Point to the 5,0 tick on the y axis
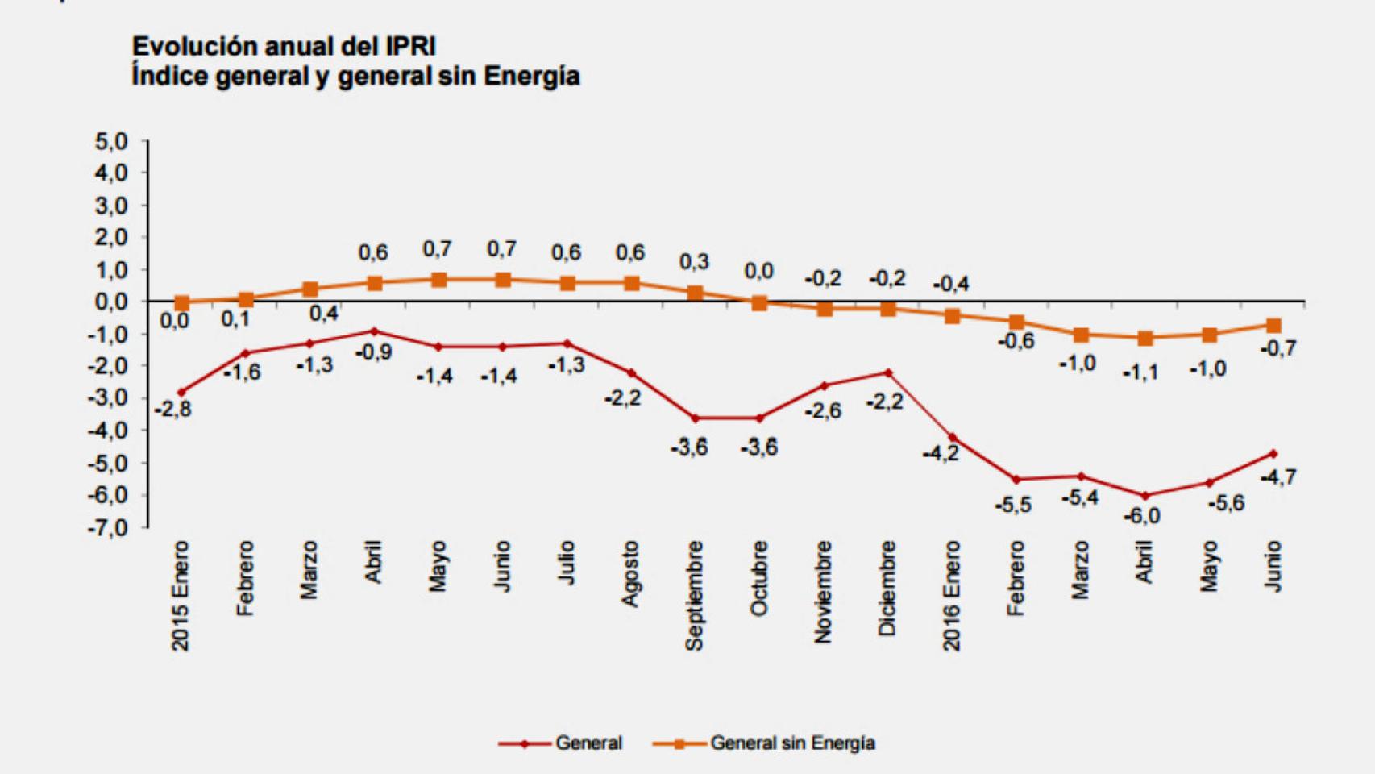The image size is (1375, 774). click(111, 142)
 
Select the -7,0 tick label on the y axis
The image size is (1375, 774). click(108, 528)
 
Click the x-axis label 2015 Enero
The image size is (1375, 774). click(180, 596)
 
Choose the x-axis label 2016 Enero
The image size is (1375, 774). click(952, 596)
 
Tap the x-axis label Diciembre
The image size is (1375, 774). click(887, 589)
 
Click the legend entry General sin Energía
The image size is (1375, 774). click(791, 743)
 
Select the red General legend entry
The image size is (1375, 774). click(588, 743)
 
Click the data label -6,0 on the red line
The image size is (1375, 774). click(1141, 516)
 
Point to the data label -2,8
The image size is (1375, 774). click(173, 410)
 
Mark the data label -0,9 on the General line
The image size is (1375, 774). click(372, 352)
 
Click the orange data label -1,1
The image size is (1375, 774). click(1141, 372)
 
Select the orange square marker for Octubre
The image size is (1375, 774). click(759, 303)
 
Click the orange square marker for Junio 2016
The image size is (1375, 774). click(1273, 326)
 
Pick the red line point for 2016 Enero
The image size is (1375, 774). click(952, 438)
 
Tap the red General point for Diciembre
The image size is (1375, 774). click(888, 372)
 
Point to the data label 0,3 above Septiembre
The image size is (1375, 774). click(694, 262)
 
